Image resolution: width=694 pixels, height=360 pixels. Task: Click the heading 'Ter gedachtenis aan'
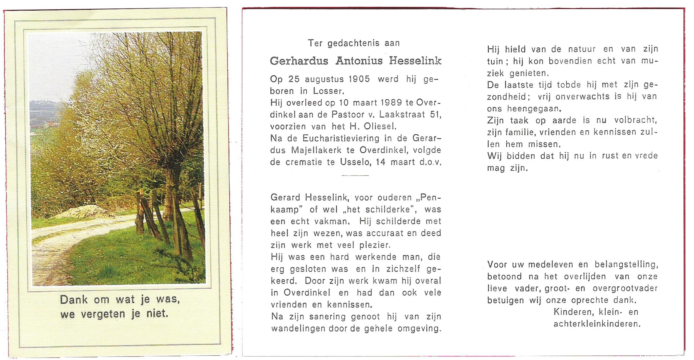coord(354,43)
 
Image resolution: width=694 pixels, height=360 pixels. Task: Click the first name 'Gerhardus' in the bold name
coord(299,61)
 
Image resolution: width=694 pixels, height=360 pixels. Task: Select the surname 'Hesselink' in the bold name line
coord(415,61)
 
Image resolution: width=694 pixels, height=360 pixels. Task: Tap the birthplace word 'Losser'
coord(328,91)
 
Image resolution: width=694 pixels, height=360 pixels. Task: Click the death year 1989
coord(391,103)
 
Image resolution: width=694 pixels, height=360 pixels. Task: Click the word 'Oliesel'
coord(380,127)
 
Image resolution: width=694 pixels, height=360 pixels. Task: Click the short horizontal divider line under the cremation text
coord(355,175)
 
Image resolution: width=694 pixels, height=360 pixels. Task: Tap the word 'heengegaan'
coord(534,109)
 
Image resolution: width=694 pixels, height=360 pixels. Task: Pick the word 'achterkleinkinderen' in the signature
coord(597,324)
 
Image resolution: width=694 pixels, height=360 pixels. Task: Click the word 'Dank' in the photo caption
coord(74,300)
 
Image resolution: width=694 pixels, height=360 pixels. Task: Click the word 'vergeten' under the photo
coord(103,314)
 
